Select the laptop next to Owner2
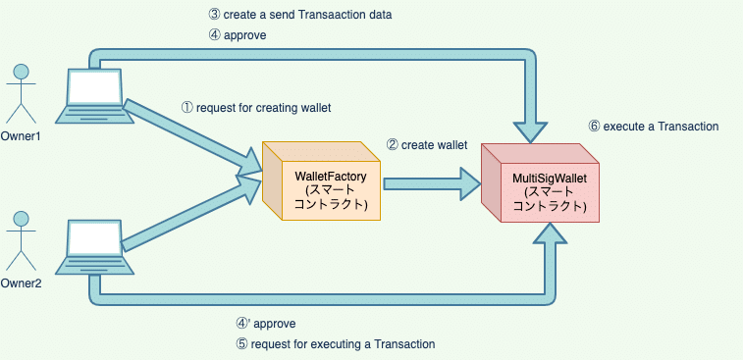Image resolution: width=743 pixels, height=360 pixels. pos(91,246)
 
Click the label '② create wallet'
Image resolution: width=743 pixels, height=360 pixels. pos(426,144)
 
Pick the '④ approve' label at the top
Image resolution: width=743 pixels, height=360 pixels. pos(239,34)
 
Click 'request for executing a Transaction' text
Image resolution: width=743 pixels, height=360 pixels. pos(343,344)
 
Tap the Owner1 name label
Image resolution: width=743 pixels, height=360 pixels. pos(21,136)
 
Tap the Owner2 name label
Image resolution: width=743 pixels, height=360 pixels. pos(21,284)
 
